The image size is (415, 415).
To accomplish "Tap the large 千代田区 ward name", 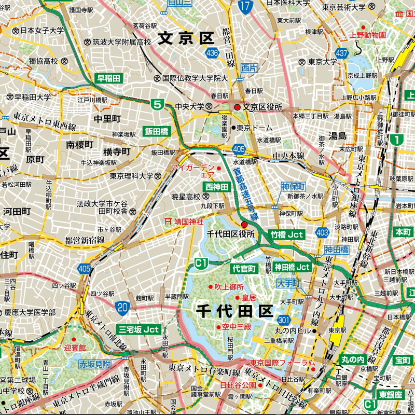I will click(234, 311).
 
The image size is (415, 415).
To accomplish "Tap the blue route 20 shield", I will click(122, 308).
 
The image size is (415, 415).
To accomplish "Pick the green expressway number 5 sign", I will click(158, 104).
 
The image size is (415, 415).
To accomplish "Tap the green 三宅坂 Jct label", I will click(140, 329).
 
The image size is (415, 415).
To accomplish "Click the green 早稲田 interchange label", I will click(108, 78).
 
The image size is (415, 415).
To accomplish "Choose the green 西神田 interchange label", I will click(216, 186).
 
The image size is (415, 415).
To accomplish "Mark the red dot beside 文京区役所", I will click(237, 107).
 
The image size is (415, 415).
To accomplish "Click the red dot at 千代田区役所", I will click(244, 225).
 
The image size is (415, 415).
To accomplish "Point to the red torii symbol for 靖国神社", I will click(168, 220).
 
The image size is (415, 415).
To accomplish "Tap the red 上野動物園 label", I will click(368, 35).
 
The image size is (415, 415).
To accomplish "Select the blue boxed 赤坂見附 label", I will click(95, 364).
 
